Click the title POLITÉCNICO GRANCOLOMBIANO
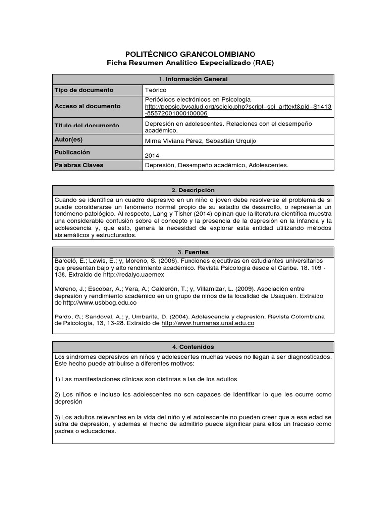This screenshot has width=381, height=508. [x=191, y=54]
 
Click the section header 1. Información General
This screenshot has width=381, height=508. [x=193, y=79]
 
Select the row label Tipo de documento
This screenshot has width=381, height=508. [x=84, y=90]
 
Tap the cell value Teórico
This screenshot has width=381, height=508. [x=155, y=90]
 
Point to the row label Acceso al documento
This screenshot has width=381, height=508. [x=87, y=106]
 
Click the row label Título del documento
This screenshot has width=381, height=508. [x=87, y=126]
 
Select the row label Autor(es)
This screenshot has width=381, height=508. [x=69, y=140]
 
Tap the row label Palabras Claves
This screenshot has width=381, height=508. [x=78, y=165]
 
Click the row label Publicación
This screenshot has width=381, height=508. [x=72, y=152]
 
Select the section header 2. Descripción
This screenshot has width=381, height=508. [x=193, y=190]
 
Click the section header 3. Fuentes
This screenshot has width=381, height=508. [x=193, y=252]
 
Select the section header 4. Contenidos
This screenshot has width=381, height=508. [x=193, y=347]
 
